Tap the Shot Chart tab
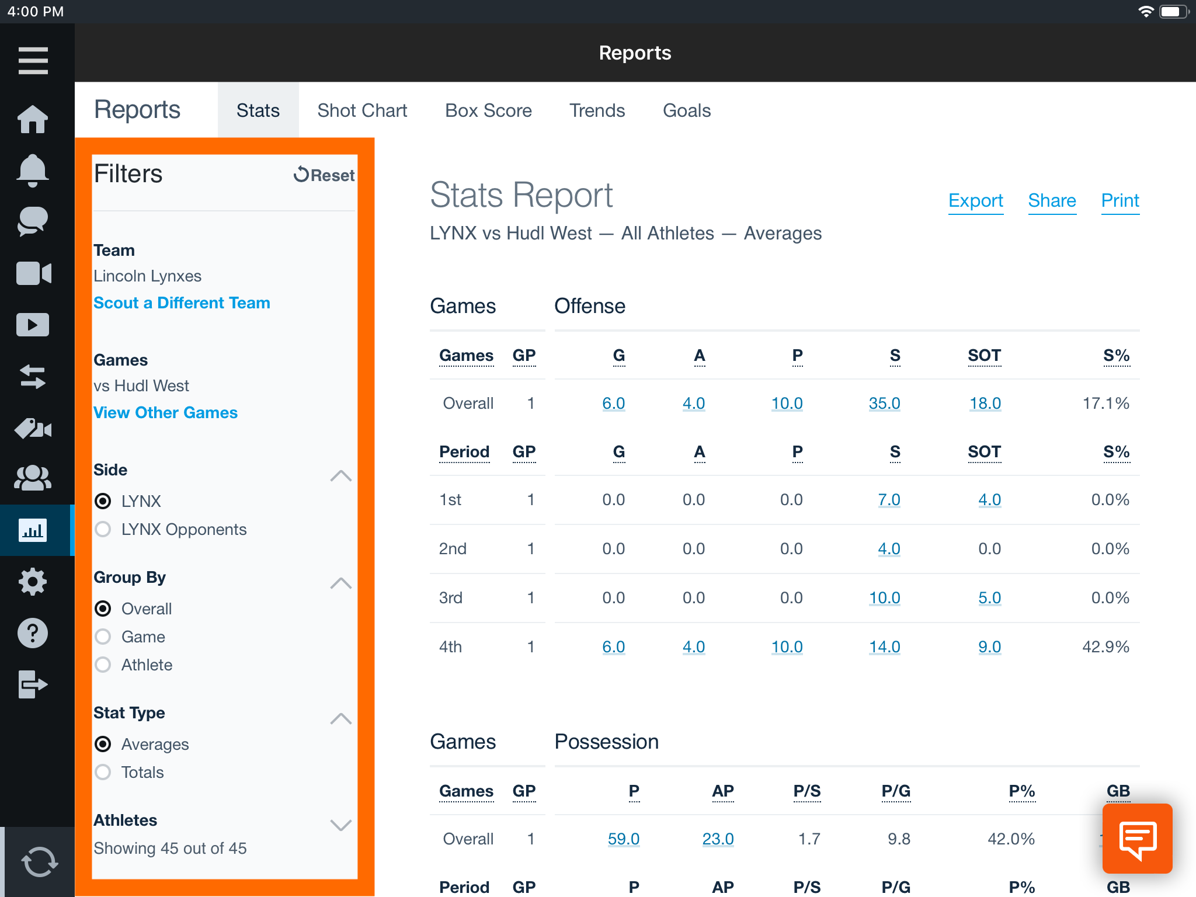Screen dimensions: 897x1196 pos(362,110)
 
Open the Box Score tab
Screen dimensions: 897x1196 pos(488,110)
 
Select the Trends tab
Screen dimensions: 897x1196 pos(597,110)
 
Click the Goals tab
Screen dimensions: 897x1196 pos(687,110)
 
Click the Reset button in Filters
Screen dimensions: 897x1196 pos(324,175)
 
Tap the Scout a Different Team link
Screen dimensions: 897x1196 pos(182,303)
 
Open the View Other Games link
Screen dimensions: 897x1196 pos(165,412)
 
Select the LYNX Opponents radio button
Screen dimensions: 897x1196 pos(103,529)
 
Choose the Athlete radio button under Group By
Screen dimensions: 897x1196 pos(103,665)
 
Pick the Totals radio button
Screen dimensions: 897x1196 pos(103,772)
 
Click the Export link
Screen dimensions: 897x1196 pos(975,200)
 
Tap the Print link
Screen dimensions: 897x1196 pos(1119,200)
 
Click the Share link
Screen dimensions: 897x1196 pos(1052,200)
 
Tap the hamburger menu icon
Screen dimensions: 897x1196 pos(33,61)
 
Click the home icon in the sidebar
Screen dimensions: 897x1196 pos(33,119)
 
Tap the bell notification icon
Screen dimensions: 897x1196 pos(33,170)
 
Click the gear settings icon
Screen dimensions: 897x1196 pos(33,582)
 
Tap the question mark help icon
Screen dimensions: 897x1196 pos(33,633)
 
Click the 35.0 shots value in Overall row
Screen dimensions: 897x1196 pos(884,403)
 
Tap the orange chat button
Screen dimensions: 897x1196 pos(1137,839)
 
